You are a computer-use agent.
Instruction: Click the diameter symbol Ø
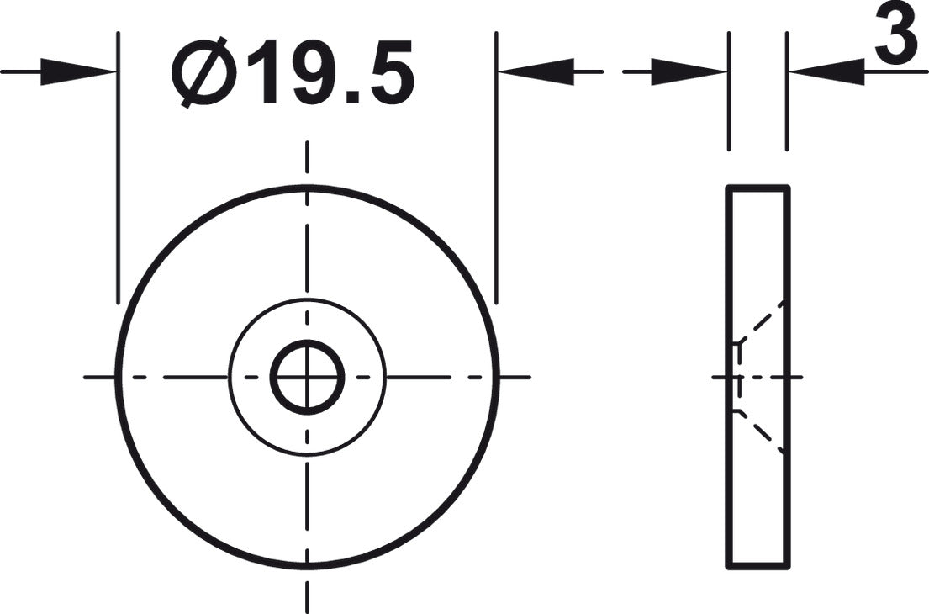[x=203, y=72]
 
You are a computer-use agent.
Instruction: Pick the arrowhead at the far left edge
[x=77, y=71]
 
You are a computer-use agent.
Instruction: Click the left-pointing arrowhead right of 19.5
[x=536, y=71]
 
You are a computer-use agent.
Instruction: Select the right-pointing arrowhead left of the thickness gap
[x=689, y=71]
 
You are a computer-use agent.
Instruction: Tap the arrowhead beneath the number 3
[x=827, y=71]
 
